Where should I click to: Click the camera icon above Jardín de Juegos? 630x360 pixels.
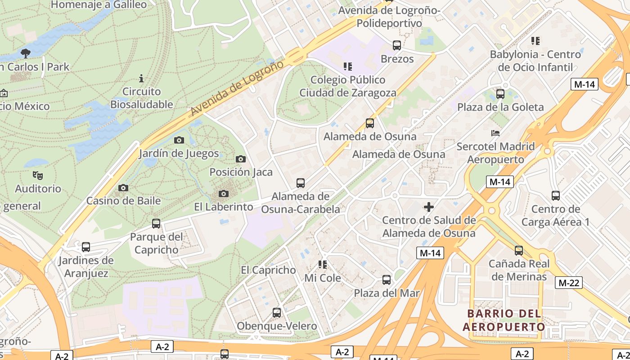(179, 140)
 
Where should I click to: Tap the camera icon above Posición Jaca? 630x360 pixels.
(241, 159)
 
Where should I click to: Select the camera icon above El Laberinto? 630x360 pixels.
(223, 194)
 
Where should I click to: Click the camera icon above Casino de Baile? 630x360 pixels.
(123, 188)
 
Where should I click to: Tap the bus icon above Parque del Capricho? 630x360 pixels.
(156, 223)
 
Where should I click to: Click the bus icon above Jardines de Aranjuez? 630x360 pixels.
(85, 247)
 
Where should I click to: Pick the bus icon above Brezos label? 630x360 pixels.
(396, 45)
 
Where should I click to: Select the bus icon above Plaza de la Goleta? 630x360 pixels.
(500, 94)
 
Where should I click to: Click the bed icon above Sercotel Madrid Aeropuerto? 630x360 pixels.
(495, 133)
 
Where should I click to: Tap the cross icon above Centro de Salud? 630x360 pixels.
(428, 207)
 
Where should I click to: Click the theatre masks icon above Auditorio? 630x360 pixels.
(37, 175)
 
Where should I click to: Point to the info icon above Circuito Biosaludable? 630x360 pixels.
(141, 78)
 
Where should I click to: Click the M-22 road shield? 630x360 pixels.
(568, 283)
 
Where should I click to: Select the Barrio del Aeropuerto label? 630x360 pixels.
(504, 320)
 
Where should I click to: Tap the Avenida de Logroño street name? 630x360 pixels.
(237, 89)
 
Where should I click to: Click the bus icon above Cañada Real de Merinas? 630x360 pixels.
(518, 251)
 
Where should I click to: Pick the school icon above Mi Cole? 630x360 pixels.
(322, 265)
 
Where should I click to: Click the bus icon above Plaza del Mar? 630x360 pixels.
(386, 280)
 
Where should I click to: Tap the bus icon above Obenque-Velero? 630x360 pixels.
(276, 313)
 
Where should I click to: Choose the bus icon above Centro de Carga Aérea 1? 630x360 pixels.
(555, 196)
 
